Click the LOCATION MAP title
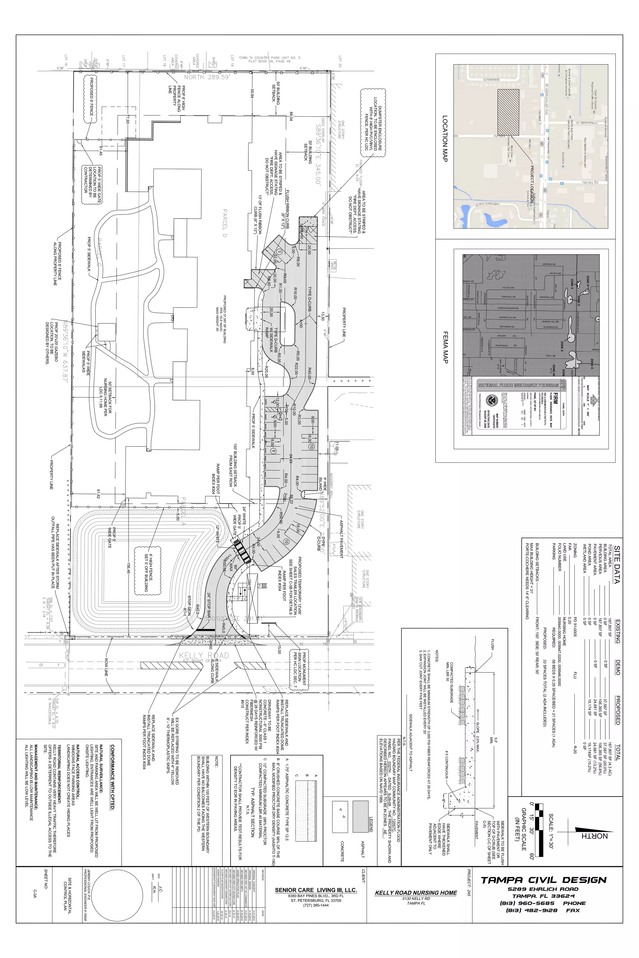[445, 138]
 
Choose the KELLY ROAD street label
[204, 656]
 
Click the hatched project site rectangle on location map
[508, 112]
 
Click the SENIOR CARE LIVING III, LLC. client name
[316, 890]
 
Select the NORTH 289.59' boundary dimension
[204, 77]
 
